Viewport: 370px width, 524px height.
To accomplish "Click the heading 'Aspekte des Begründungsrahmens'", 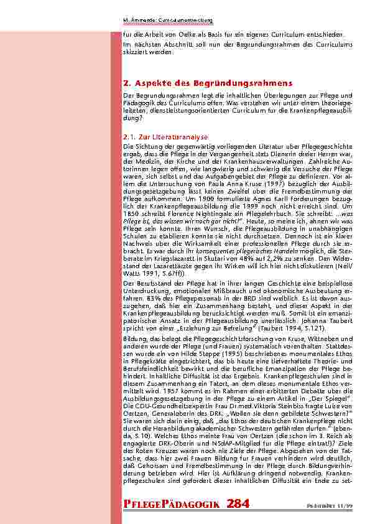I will click(x=208, y=83).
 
